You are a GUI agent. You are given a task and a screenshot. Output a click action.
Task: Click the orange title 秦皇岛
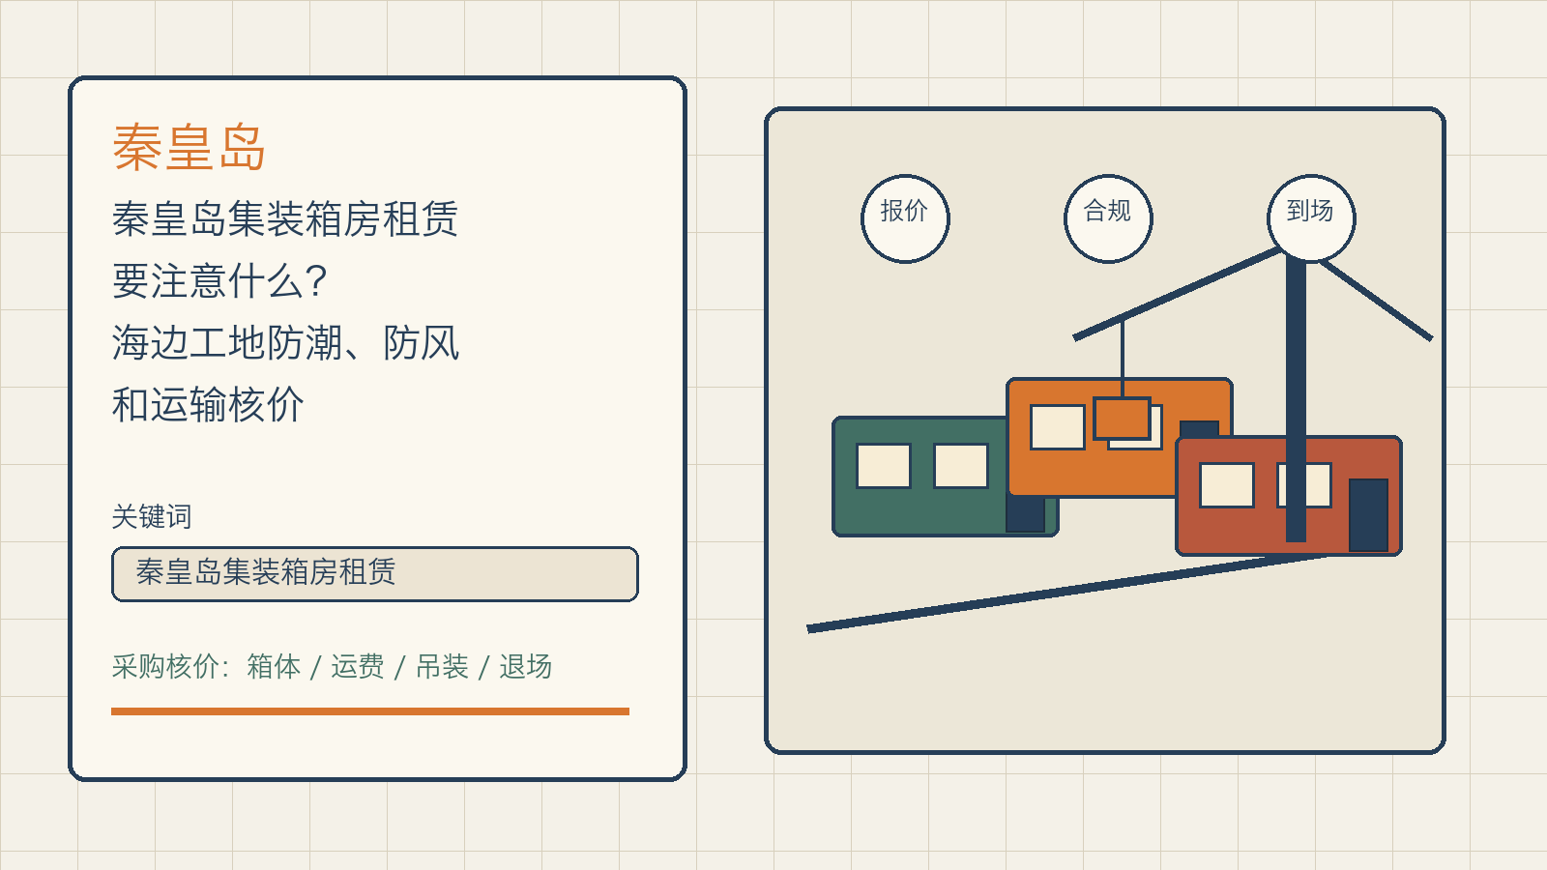(189, 147)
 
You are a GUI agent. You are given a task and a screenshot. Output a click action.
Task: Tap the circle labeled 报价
(905, 218)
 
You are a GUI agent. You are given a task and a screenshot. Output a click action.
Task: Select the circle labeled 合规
(1108, 218)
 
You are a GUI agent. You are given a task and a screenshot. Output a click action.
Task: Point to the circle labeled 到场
(1311, 218)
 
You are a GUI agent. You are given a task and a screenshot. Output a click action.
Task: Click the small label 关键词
(152, 516)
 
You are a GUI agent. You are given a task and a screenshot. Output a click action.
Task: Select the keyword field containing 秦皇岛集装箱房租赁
(374, 574)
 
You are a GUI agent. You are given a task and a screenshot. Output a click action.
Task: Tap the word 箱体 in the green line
(274, 667)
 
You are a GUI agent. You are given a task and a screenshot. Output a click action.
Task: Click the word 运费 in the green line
(357, 667)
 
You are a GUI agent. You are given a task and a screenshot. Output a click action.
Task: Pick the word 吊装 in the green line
(442, 667)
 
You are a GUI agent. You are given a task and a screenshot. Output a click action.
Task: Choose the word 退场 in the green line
(526, 667)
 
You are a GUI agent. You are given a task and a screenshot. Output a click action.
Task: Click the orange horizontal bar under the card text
(370, 711)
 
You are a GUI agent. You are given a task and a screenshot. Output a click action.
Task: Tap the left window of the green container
(884, 466)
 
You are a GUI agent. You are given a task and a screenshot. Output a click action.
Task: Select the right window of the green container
(961, 466)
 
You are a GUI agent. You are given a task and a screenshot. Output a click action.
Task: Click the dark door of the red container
(1368, 515)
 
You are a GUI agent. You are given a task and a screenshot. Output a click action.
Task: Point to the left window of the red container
(1227, 485)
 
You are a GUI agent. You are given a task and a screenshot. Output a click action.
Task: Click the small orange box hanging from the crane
(1122, 418)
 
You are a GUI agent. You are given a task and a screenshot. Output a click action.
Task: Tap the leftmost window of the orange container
(1058, 427)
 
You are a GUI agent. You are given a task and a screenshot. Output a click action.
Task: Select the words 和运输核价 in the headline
(208, 405)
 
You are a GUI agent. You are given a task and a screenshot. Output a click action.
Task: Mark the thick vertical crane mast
(1296, 397)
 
